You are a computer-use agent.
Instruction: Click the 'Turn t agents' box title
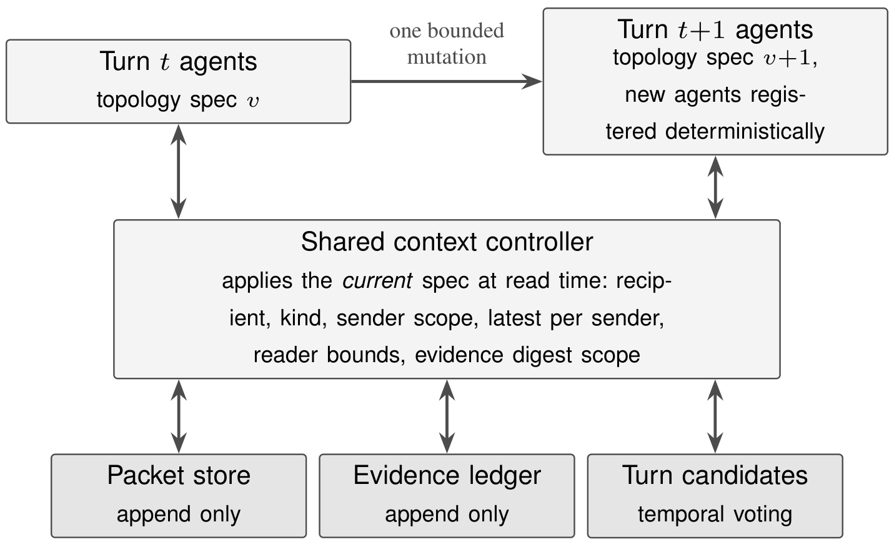pos(179,61)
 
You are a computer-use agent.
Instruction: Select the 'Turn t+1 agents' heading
pos(715,29)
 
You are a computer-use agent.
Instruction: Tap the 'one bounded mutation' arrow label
pos(447,44)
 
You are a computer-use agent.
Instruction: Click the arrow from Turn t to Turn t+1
pos(447,81)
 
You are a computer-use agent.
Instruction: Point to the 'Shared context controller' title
pos(447,242)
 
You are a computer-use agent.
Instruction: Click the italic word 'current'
pos(377,280)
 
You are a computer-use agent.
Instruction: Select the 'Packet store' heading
pos(179,475)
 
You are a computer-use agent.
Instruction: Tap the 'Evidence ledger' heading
pos(447,475)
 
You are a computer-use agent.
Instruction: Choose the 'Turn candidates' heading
pos(715,475)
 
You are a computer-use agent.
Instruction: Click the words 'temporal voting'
pos(715,514)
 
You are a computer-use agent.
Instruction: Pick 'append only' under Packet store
pos(179,515)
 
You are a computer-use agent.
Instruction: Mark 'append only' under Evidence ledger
pos(447,515)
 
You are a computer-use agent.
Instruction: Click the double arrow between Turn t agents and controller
pos(179,172)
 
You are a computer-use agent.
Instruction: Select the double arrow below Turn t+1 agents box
pos(715,187)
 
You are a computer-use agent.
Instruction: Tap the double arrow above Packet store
pos(179,416)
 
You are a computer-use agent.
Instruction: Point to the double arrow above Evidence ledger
pos(447,416)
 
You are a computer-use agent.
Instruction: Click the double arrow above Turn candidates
pos(715,416)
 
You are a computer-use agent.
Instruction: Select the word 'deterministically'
pos(745,132)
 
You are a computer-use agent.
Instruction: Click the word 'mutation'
pos(447,57)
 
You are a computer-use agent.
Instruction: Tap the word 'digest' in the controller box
pos(542,355)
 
